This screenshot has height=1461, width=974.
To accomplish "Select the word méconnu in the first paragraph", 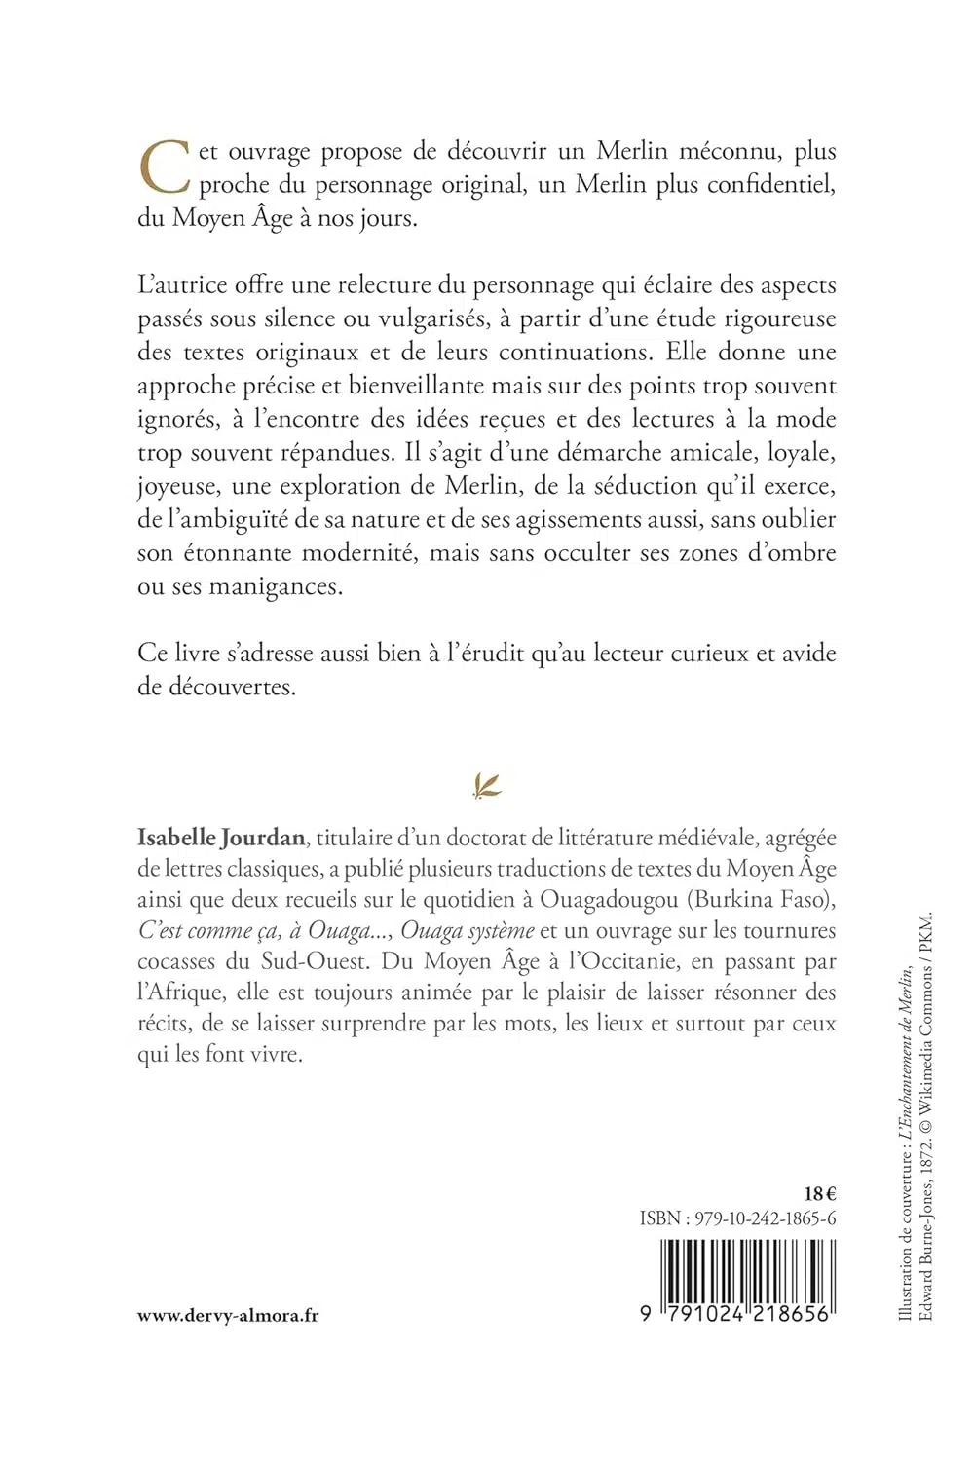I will coord(739,152).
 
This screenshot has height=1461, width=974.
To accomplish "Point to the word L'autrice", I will coord(181,284).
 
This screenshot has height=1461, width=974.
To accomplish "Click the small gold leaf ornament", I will coord(486,785).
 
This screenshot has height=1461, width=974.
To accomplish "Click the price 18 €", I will coord(821,1192).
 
